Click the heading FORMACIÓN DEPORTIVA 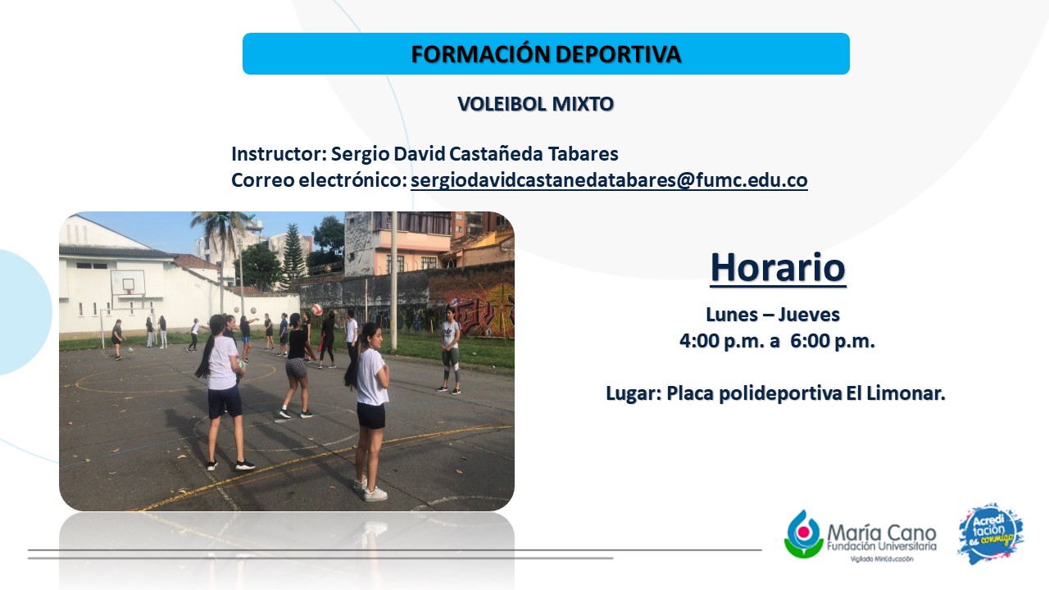(546, 54)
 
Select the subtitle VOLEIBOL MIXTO (535, 104)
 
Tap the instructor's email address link (609, 180)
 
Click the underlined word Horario (778, 268)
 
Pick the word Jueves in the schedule (809, 315)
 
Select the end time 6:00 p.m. (833, 341)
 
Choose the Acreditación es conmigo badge (991, 533)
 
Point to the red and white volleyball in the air (317, 310)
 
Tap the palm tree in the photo (223, 243)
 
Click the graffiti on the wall (480, 309)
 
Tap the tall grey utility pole (394, 281)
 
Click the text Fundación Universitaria (881, 546)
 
